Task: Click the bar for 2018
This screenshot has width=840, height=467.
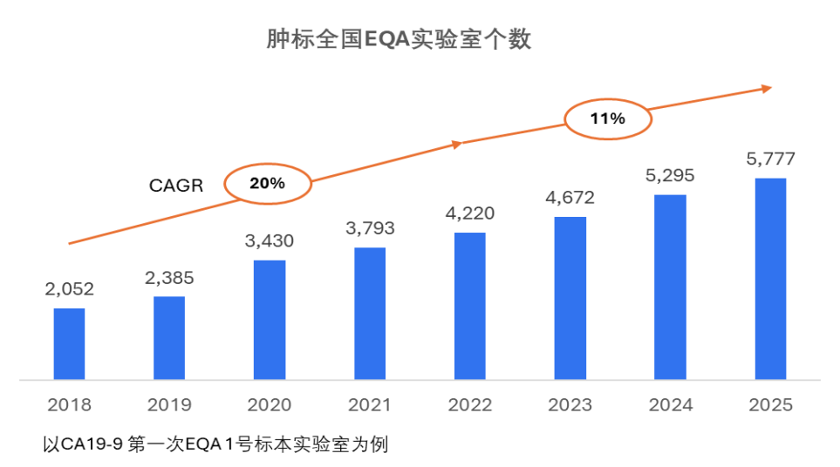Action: [69, 344]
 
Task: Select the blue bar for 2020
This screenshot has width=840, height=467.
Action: [270, 320]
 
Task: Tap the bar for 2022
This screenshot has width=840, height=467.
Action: [469, 307]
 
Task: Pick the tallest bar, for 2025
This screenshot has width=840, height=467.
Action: [770, 279]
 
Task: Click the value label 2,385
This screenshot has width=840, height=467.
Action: [169, 279]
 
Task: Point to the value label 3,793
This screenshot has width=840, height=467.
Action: [370, 229]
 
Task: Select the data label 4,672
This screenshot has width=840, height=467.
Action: [570, 198]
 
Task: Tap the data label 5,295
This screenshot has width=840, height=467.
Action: [670, 176]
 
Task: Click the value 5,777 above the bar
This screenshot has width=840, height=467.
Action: [770, 159]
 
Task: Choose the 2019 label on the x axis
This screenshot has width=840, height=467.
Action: [169, 405]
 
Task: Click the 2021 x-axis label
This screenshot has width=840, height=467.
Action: [370, 405]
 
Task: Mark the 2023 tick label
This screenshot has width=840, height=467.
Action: [570, 405]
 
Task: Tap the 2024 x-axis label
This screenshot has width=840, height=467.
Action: [670, 405]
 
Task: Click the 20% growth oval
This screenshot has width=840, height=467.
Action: [267, 184]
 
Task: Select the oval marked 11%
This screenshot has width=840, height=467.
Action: [607, 119]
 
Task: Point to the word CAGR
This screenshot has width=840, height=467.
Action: [175, 185]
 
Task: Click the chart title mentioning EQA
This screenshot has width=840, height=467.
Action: [399, 40]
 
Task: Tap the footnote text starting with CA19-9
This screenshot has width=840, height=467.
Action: [215, 444]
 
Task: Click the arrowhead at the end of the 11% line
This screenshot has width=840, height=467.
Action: [767, 88]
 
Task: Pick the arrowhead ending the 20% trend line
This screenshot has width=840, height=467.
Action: [455, 144]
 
